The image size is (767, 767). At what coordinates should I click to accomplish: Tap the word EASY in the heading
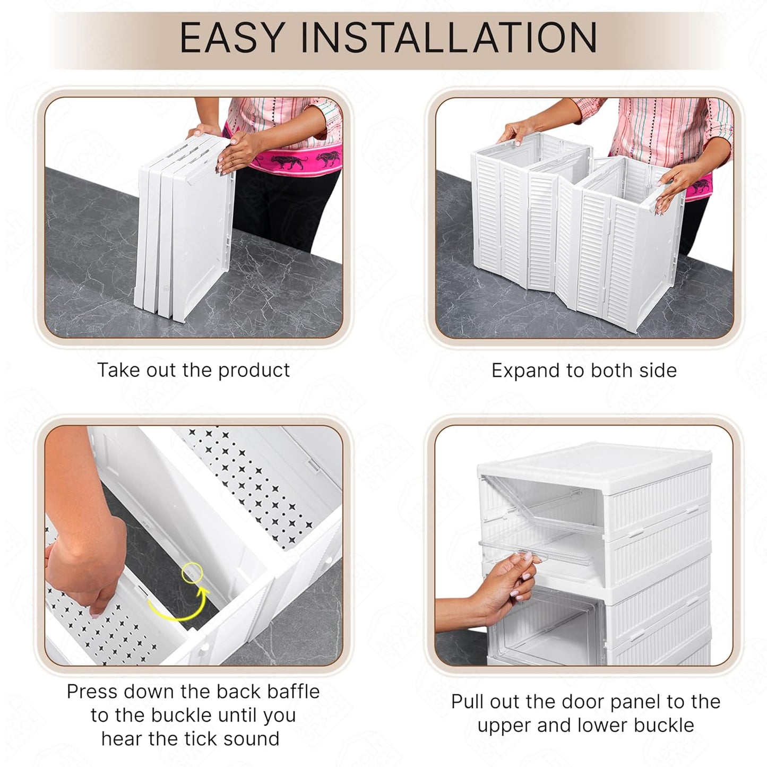[x=231, y=38]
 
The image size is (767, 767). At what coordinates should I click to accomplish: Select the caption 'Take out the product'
[x=193, y=370]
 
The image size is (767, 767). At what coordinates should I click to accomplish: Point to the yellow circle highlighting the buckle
[x=192, y=573]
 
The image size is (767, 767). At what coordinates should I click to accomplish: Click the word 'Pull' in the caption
[x=467, y=702]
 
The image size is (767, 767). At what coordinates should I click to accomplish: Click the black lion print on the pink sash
[x=289, y=161]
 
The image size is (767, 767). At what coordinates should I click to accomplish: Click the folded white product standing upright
[x=186, y=239]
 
